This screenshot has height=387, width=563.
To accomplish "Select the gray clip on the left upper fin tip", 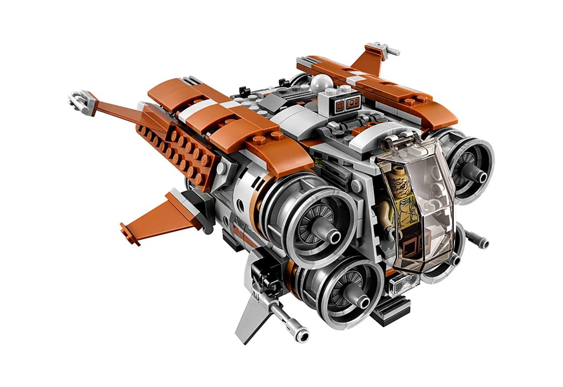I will tap(77, 99).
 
